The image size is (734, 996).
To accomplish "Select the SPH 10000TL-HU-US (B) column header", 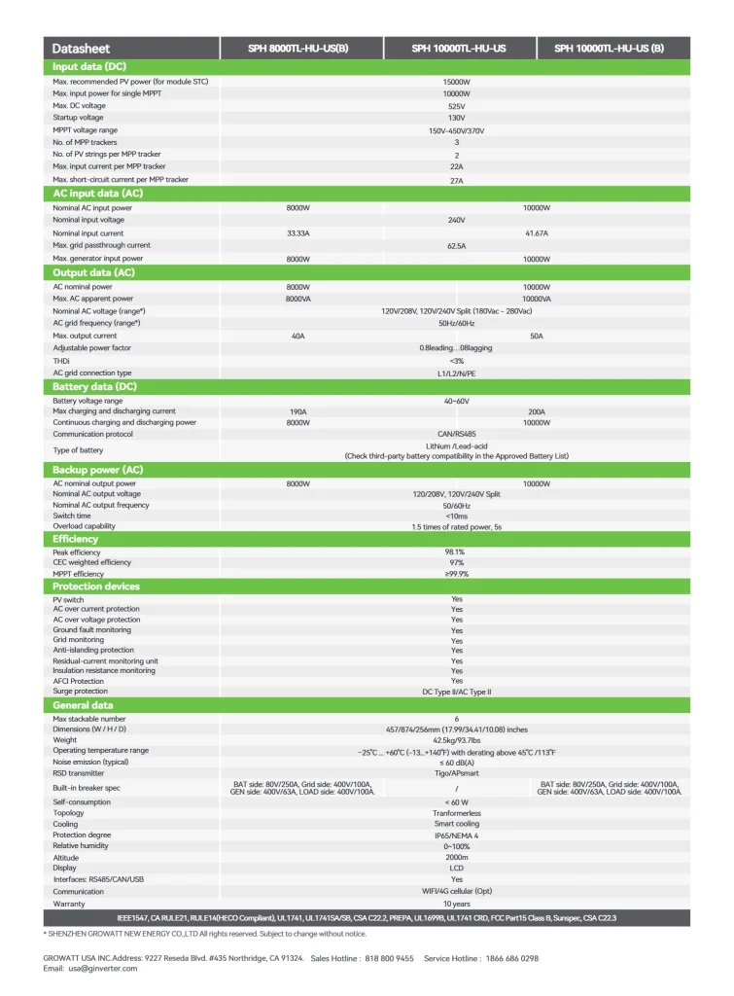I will (x=610, y=49).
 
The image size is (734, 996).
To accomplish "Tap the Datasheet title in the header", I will (x=81, y=49).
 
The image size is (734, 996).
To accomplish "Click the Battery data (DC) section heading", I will (x=94, y=387).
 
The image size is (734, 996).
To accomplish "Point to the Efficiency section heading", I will (x=76, y=539).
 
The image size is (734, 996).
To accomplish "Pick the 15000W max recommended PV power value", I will (x=456, y=82).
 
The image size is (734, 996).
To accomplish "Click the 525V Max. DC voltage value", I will (x=456, y=106).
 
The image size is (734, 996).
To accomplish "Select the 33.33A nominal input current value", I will (x=297, y=233).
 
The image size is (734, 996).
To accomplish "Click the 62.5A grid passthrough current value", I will (x=456, y=246).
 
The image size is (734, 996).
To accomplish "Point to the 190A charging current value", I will (x=297, y=411).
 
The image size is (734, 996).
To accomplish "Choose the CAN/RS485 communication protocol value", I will (x=456, y=434).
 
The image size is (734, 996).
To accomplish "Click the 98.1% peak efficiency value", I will (x=456, y=552).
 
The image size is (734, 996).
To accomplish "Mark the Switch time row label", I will (x=72, y=516).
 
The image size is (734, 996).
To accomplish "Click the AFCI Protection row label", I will (x=79, y=681).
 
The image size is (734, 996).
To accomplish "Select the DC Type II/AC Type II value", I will (x=456, y=692).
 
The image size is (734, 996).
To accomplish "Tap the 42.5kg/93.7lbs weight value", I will (x=456, y=740).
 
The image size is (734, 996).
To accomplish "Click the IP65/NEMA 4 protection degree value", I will (x=456, y=835).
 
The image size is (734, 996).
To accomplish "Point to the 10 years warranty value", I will (x=456, y=904).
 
